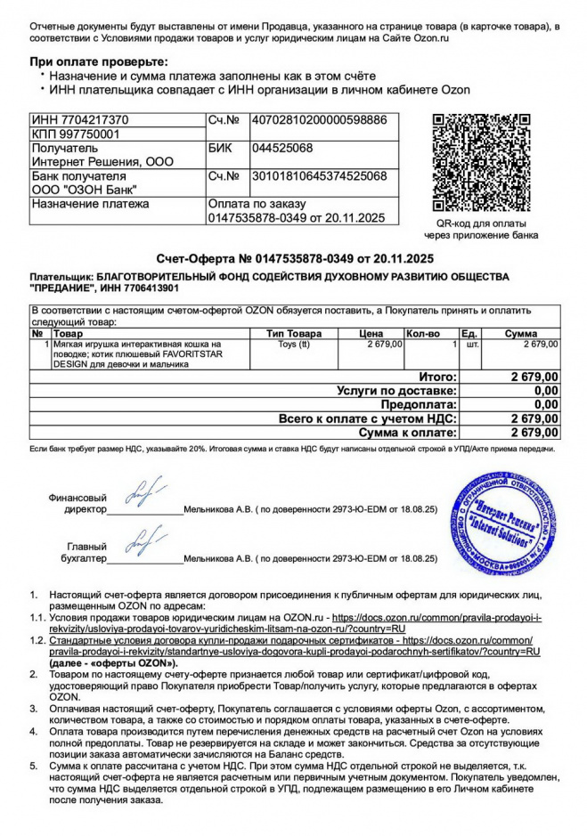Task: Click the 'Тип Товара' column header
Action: click(294, 333)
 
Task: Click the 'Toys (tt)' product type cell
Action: click(294, 343)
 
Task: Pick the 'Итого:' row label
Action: click(437, 377)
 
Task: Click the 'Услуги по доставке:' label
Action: click(397, 391)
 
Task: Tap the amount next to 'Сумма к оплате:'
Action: click(534, 432)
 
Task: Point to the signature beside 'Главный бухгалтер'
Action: click(144, 539)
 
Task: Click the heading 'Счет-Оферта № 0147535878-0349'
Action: click(294, 258)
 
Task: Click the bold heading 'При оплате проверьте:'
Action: click(98, 61)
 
